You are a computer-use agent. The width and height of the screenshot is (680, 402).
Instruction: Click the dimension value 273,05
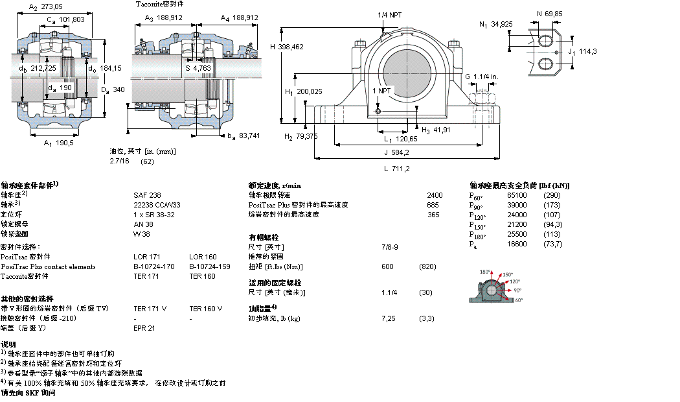click(x=52, y=7)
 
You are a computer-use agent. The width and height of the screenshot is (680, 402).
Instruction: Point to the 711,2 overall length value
click(x=402, y=169)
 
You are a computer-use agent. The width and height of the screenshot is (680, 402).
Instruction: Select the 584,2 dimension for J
click(x=399, y=153)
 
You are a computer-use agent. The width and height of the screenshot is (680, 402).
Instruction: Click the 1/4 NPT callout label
click(x=389, y=15)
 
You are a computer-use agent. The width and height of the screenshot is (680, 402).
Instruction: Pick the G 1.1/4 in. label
click(x=481, y=77)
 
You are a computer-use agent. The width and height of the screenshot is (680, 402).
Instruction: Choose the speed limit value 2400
click(x=435, y=195)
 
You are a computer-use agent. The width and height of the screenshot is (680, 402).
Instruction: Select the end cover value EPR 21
click(x=144, y=328)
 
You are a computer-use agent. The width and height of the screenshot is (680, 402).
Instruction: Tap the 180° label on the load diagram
click(x=485, y=272)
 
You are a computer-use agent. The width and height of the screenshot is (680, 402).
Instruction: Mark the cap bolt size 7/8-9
click(x=390, y=247)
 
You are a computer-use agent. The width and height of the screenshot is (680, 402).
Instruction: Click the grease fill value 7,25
click(x=389, y=318)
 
